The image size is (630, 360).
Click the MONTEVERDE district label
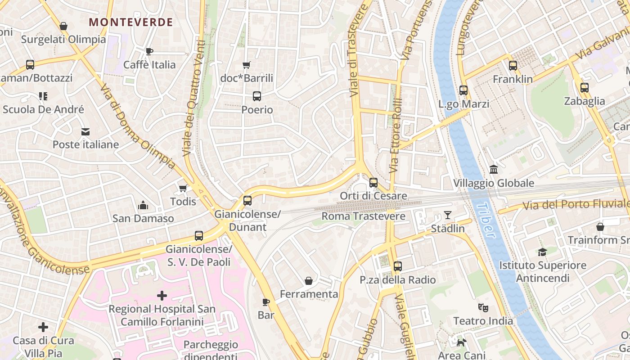(131, 22)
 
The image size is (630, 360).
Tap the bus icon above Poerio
(257, 96)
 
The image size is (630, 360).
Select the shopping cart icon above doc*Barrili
(247, 65)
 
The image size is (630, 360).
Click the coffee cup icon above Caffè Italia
(149, 51)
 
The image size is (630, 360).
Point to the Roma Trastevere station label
(363, 216)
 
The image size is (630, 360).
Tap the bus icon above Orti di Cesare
(373, 182)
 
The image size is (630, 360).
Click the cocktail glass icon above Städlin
(448, 215)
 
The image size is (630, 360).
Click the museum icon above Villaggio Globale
(494, 170)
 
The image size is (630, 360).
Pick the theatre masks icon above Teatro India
(483, 307)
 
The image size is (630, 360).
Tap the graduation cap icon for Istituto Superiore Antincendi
(542, 252)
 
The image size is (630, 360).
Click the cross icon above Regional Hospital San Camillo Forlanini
(162, 296)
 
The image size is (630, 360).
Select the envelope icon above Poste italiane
(85, 131)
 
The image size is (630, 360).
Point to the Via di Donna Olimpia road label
(137, 127)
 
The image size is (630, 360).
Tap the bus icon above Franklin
(513, 66)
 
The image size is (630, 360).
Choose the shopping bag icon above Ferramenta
(309, 281)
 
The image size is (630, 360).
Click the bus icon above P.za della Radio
(397, 266)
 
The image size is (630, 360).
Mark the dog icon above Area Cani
(461, 342)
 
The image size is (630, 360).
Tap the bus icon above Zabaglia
(585, 87)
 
